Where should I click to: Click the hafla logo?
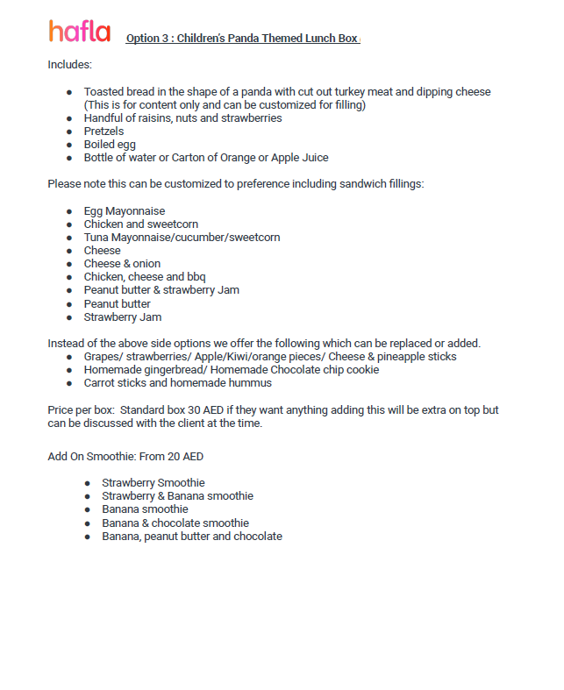(80, 32)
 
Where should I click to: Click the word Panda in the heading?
(244, 39)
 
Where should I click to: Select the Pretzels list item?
(104, 132)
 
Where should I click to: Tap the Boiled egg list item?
(110, 145)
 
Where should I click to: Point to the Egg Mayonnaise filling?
(125, 211)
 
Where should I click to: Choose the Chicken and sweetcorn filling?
(141, 224)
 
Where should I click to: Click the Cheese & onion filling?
(122, 264)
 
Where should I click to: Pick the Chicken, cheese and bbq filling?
(145, 277)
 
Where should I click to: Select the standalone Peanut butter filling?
(118, 304)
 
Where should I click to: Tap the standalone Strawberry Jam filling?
(123, 317)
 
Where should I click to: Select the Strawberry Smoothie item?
(153, 483)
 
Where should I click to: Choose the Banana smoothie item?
(145, 509)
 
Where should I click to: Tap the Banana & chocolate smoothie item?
(175, 523)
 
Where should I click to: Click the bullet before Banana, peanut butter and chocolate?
(88, 537)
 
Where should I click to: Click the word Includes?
(69, 65)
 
